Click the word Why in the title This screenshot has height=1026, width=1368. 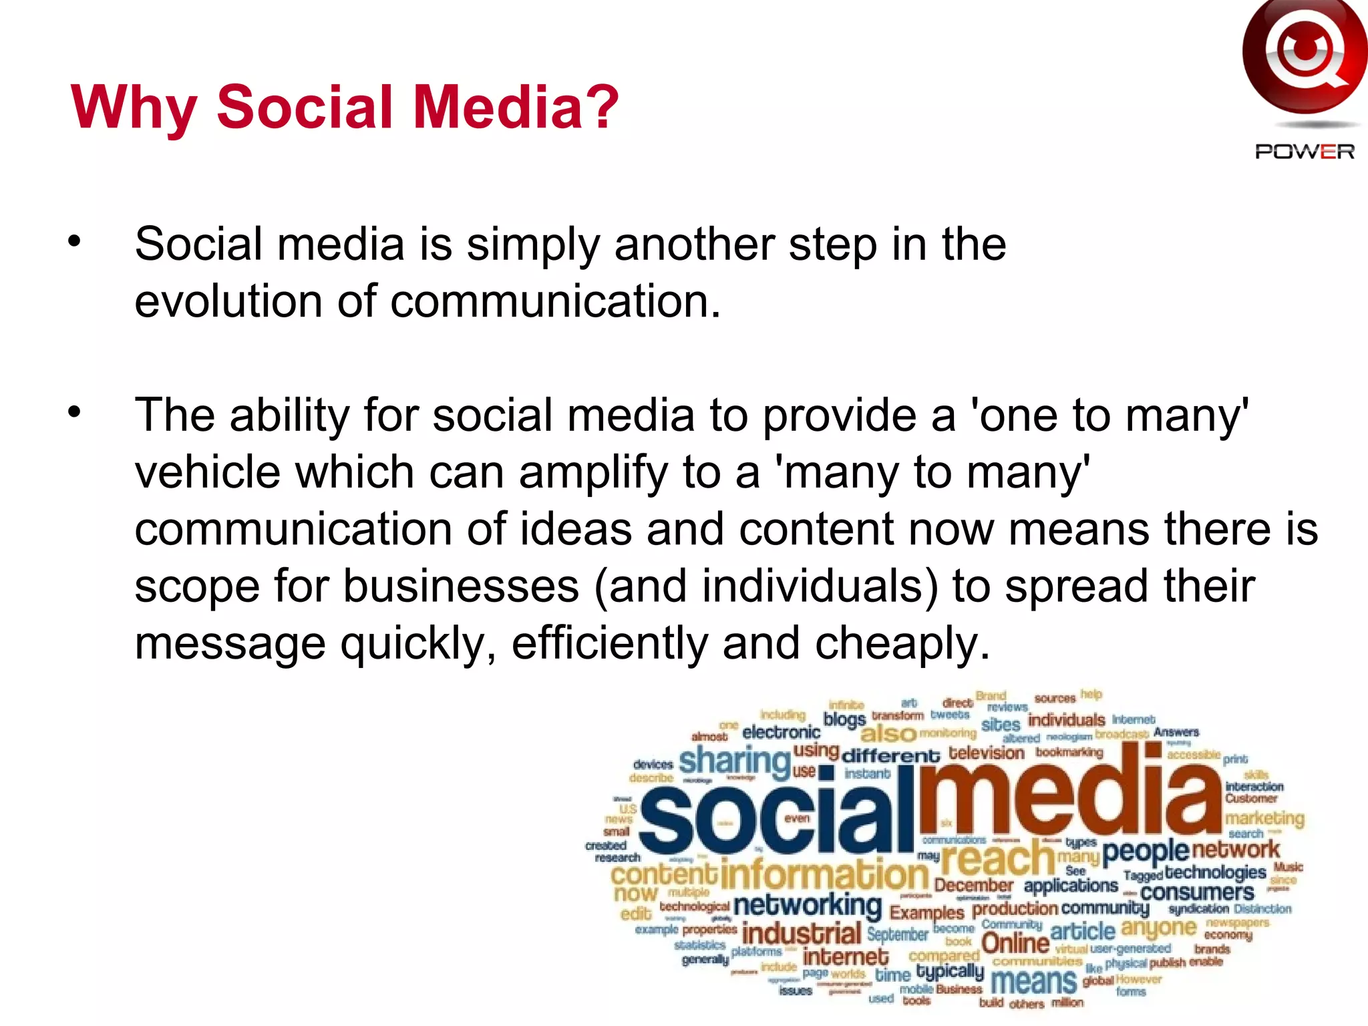[x=134, y=108]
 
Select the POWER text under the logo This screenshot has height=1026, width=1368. [x=1304, y=152]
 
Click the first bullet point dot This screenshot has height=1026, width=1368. [x=74, y=241]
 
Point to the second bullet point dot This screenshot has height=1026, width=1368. [x=74, y=412]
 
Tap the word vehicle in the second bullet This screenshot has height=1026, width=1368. [x=208, y=472]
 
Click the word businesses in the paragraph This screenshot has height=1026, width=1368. [x=461, y=586]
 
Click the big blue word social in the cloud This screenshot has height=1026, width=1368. [x=775, y=818]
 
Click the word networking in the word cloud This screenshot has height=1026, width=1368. [x=807, y=906]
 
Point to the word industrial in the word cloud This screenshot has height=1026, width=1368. [x=801, y=934]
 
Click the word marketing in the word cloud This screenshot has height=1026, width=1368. [x=1264, y=818]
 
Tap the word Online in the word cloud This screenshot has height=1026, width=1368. [x=1015, y=943]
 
